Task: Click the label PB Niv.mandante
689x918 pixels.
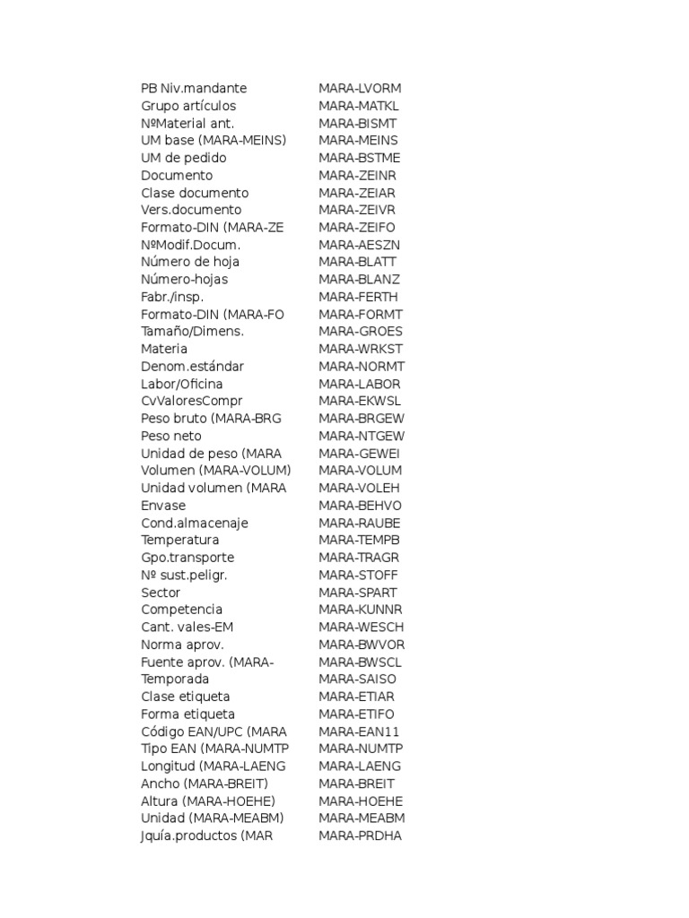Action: (194, 89)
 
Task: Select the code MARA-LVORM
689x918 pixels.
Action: (360, 89)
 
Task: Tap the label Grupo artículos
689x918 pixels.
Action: (188, 106)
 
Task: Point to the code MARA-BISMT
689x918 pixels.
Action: (357, 124)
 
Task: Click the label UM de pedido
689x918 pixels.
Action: (184, 158)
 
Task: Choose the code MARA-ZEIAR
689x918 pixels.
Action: (356, 193)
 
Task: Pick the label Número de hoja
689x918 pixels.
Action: (190, 262)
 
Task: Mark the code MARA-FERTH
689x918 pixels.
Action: (358, 297)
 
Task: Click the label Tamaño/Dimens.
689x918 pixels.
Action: (192, 332)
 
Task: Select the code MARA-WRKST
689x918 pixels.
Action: (361, 349)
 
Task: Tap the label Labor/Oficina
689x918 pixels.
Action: (182, 384)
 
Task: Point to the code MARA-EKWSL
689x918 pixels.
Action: (360, 401)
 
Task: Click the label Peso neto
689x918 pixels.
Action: (171, 436)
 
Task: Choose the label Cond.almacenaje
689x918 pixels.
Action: (195, 523)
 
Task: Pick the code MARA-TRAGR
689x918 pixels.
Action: (359, 558)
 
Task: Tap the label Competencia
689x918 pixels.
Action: (181, 610)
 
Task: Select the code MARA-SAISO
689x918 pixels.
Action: (357, 680)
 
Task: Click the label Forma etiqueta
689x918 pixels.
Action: (188, 714)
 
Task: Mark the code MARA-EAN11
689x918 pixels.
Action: (359, 732)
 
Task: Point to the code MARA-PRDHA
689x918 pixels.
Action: (360, 836)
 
